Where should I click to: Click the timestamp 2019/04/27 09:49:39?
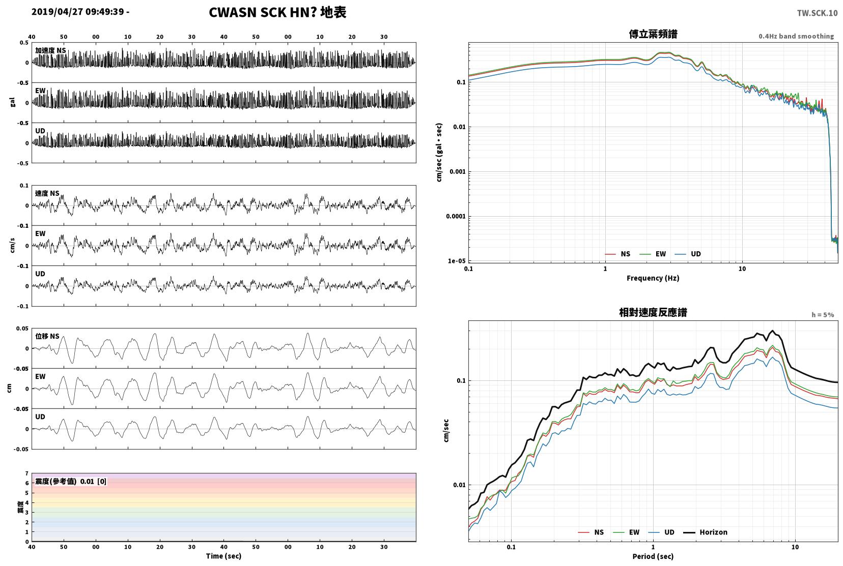tap(77, 12)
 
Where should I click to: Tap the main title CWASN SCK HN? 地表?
tap(277, 12)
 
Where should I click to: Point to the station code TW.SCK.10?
tap(817, 13)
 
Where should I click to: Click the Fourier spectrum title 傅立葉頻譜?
tap(653, 34)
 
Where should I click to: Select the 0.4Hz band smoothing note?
tap(796, 37)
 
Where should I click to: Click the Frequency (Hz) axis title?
tap(653, 278)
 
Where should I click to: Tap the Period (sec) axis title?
tap(653, 556)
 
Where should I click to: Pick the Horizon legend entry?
tap(706, 532)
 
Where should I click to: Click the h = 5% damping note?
tap(823, 315)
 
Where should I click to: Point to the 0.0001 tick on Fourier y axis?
tap(456, 216)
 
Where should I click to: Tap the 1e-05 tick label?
tap(457, 261)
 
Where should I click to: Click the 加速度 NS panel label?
tap(50, 50)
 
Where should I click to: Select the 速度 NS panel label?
tap(47, 193)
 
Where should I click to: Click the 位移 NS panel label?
tap(47, 336)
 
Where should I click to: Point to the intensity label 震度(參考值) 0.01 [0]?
tap(71, 482)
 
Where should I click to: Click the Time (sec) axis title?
tap(223, 556)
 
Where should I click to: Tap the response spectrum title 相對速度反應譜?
tap(653, 312)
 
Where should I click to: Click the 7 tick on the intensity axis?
tap(26, 473)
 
